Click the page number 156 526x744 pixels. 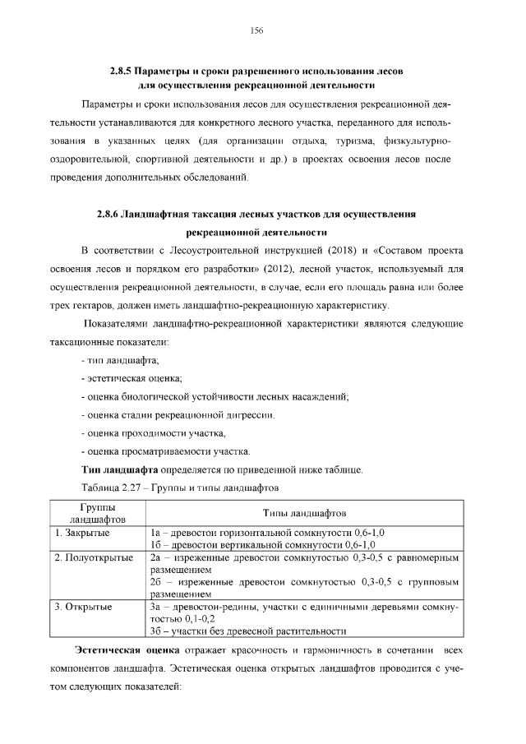256,30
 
